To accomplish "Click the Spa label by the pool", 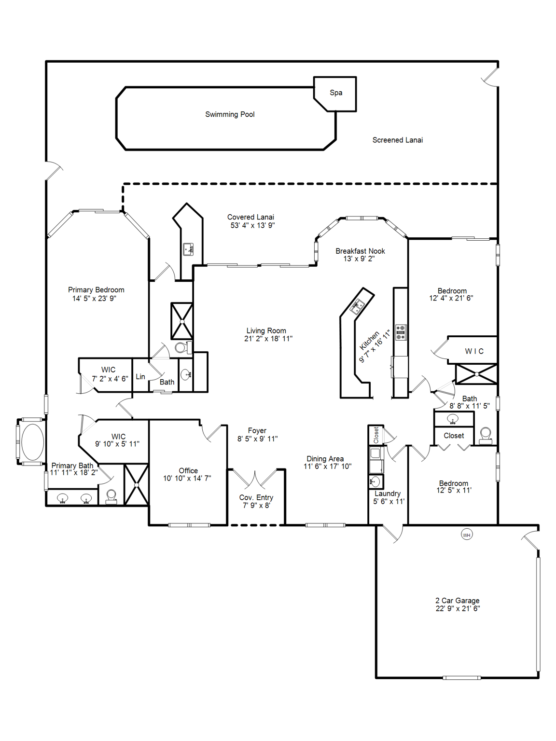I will (x=336, y=93).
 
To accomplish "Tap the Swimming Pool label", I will (x=230, y=114).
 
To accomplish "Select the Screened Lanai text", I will (x=397, y=140).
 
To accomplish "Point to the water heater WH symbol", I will (x=466, y=535).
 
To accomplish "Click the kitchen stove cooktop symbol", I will (x=400, y=332).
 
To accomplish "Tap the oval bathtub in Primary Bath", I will (x=32, y=441).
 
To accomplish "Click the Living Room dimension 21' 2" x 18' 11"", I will (x=268, y=339).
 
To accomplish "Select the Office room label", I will (x=188, y=470).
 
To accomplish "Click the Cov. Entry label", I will (x=256, y=497).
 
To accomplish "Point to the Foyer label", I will (x=257, y=430).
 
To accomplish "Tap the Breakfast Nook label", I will (x=360, y=251).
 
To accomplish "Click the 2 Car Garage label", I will (x=457, y=601).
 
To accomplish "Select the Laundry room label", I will (x=388, y=494).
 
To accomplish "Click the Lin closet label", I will (x=140, y=377).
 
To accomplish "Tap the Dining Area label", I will (x=325, y=459).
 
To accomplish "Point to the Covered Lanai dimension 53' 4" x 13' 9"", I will (x=252, y=225).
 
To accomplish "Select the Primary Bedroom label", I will (x=96, y=289).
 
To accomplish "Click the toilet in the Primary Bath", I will (x=111, y=496).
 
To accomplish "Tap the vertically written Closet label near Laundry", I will (x=376, y=435).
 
